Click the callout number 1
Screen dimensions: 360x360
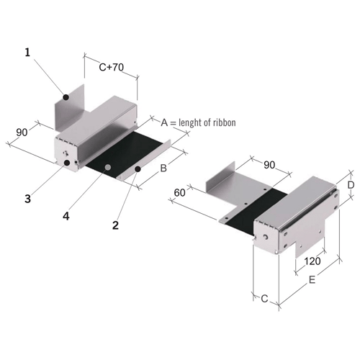(27, 53)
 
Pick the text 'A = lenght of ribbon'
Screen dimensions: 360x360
(197, 122)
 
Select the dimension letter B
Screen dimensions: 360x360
(163, 169)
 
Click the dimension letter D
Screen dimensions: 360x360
(351, 184)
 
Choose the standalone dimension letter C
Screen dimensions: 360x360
(264, 297)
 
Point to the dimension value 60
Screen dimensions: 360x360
(181, 192)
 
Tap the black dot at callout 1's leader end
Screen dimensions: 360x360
(66, 96)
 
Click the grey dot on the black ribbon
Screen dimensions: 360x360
(107, 167)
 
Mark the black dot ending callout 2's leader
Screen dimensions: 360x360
(138, 168)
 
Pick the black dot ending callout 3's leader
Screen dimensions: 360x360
(67, 163)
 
